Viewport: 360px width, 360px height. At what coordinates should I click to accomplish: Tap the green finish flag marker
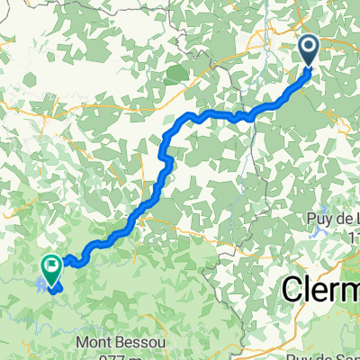tap(50, 265)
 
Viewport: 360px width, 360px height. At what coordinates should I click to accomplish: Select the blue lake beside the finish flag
tap(40, 285)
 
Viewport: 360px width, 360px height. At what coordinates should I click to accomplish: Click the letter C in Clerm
tap(295, 290)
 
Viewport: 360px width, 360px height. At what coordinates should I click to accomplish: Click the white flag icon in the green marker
tap(50, 264)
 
